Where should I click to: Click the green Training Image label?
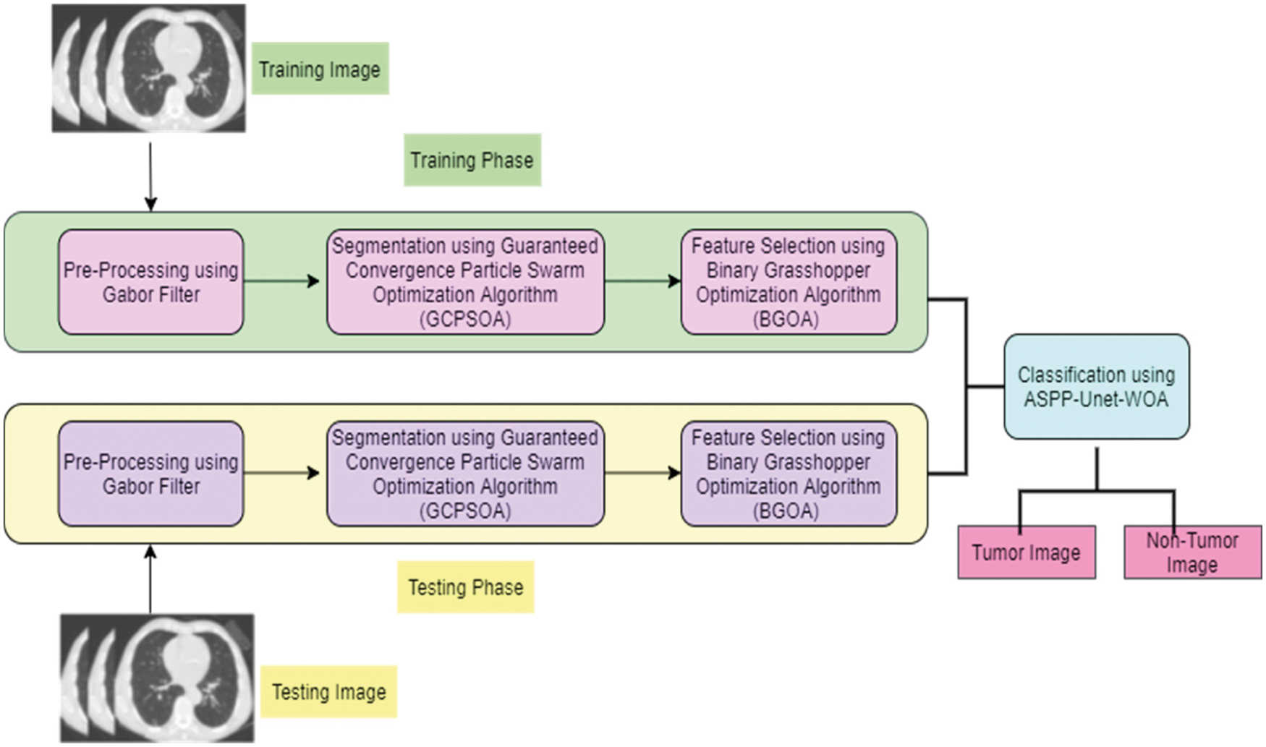[x=320, y=69]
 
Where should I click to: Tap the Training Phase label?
[x=472, y=160]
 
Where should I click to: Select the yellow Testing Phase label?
[x=465, y=587]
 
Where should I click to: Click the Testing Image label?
[x=328, y=692]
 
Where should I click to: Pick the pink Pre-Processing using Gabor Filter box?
[x=150, y=282]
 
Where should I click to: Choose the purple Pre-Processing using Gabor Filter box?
[x=150, y=474]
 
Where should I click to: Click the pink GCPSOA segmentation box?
[x=465, y=282]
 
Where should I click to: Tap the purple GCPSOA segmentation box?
[x=465, y=474]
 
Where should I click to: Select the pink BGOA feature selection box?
[x=789, y=282]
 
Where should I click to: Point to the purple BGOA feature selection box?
[x=789, y=474]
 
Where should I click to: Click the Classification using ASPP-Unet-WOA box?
[x=1096, y=387]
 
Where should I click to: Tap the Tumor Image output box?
[x=1026, y=552]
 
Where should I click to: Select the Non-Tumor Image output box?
[x=1192, y=552]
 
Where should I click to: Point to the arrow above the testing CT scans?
[x=150, y=579]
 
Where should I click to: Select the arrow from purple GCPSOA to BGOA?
[x=642, y=473]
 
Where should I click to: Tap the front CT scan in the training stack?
[x=181, y=69]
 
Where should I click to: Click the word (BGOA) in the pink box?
[x=786, y=319]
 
